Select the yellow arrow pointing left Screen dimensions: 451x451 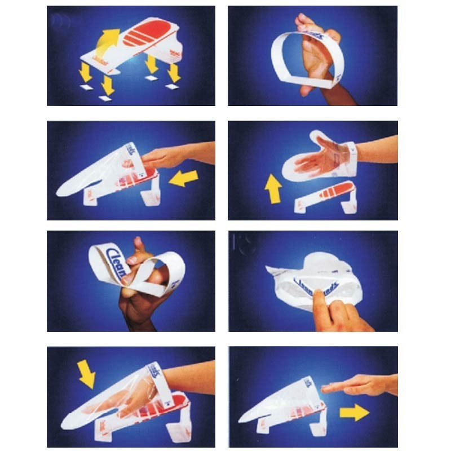[x=184, y=179]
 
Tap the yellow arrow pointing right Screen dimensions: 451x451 [x=354, y=413]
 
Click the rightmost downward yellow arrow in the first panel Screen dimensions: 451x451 [x=174, y=72]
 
